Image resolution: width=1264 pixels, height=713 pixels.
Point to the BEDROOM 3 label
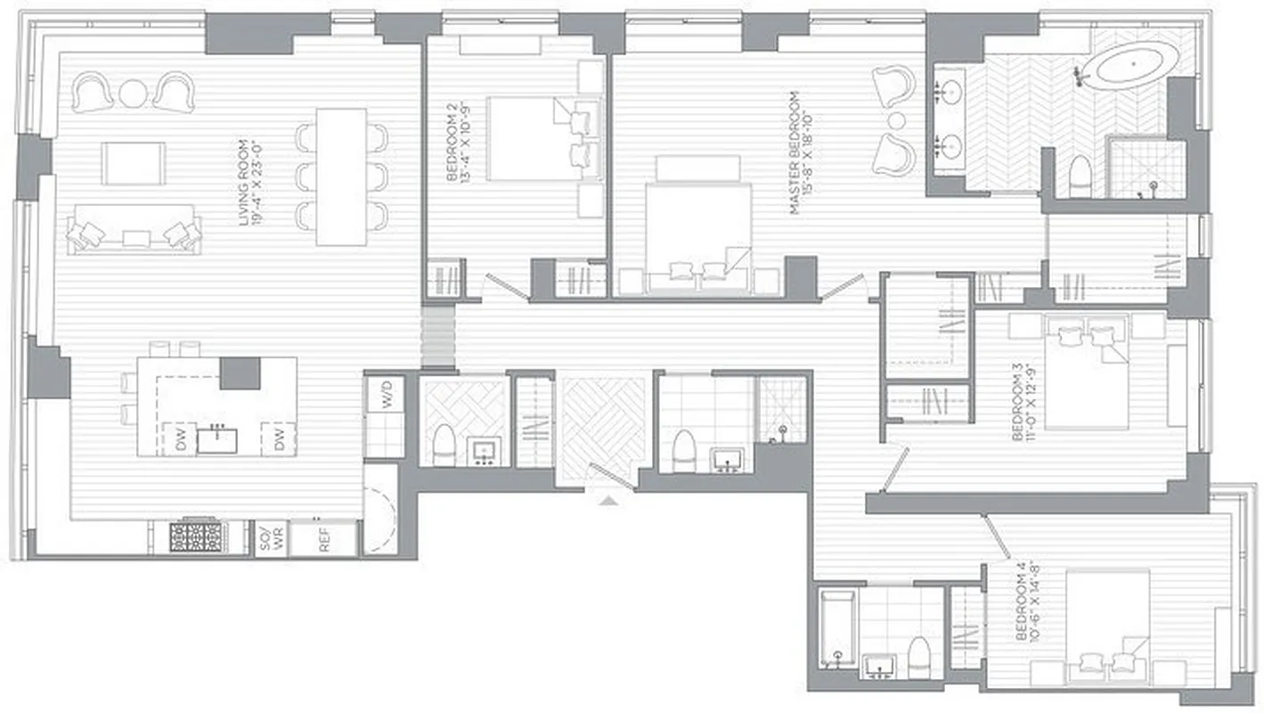point(1019,400)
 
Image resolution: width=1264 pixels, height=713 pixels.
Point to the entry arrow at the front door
point(608,501)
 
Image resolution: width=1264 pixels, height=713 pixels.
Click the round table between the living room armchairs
point(133,93)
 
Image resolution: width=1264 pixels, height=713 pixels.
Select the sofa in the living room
point(134,228)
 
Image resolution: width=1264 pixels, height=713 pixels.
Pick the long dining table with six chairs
point(342,176)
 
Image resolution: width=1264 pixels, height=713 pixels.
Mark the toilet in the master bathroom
point(1080,176)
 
